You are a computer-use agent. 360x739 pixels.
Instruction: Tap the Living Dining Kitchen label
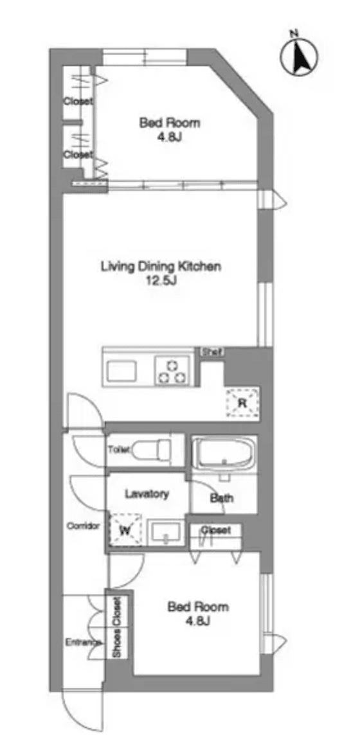tap(161, 266)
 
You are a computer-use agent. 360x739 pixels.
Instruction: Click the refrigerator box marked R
tap(242, 402)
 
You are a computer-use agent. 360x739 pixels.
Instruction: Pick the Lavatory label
tap(147, 494)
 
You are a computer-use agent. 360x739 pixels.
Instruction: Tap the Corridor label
tap(83, 526)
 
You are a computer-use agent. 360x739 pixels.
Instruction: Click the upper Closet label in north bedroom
tap(78, 101)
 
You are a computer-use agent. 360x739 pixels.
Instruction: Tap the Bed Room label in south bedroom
tap(197, 607)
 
